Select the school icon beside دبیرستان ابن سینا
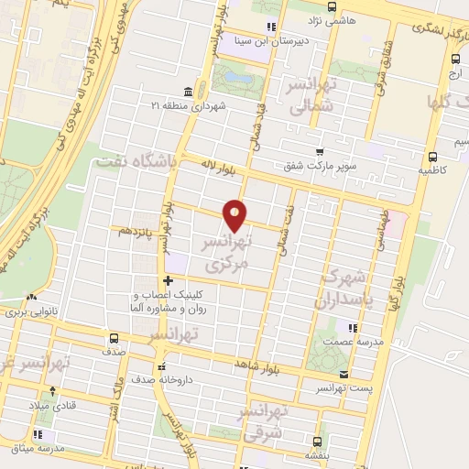click(269, 27)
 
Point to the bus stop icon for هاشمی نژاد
click(317, 18)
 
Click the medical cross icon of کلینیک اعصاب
click(167, 280)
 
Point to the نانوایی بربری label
click(54, 312)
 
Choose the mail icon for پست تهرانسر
click(344, 374)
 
